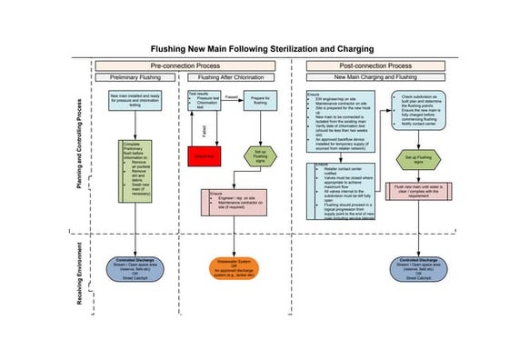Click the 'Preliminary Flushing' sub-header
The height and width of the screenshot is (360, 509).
click(x=135, y=78)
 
